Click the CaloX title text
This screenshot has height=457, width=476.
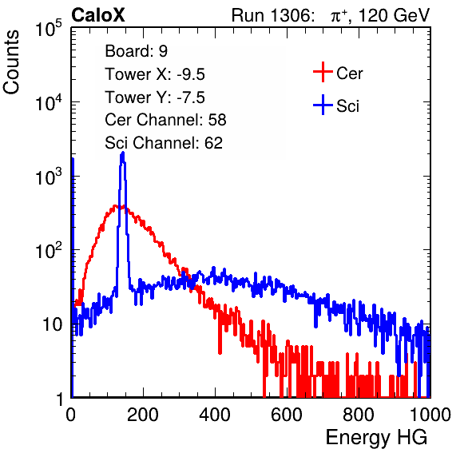click(97, 15)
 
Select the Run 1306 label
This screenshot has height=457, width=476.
click(272, 15)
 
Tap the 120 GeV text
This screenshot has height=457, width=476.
click(394, 15)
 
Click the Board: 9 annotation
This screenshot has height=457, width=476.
click(136, 51)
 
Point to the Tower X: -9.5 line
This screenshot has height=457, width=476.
click(155, 74)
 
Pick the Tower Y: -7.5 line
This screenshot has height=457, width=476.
click(155, 97)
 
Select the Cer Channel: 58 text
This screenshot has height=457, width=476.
click(165, 120)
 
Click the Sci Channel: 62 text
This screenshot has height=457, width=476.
click(164, 143)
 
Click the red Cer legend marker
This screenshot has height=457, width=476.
click(323, 72)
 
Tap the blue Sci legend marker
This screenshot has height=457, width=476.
click(323, 105)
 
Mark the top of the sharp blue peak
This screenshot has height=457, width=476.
click(123, 152)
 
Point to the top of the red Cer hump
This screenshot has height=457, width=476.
click(115, 206)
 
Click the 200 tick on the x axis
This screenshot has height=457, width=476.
click(143, 415)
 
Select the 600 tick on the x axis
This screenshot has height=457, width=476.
click(287, 415)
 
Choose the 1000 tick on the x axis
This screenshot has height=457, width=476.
click(430, 415)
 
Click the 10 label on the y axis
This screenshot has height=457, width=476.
click(52, 324)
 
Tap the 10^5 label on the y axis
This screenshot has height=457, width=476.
click(49, 28)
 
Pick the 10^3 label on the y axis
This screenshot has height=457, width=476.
click(49, 177)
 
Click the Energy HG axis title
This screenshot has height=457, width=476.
click(376, 438)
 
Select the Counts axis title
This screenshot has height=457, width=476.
click(11, 62)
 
